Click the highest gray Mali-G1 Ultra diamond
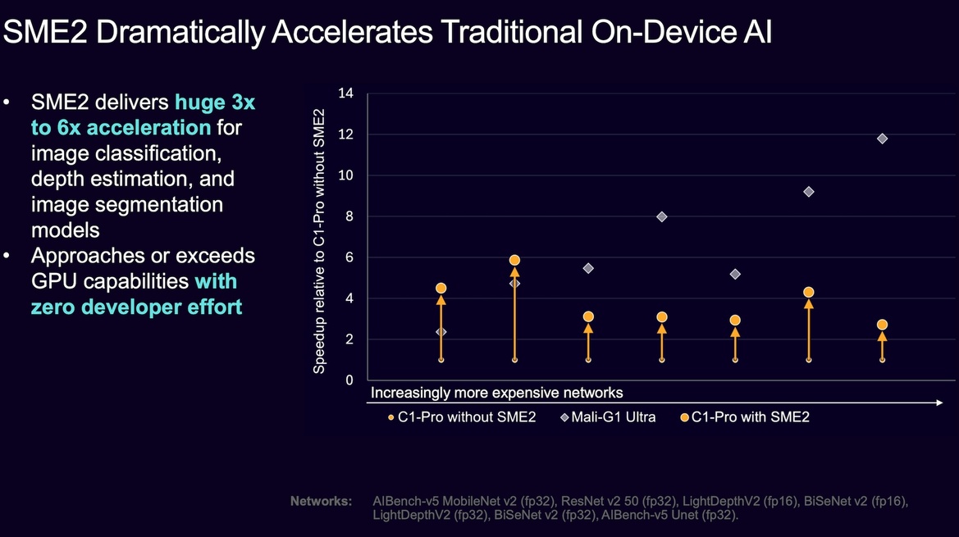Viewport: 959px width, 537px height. coord(882,139)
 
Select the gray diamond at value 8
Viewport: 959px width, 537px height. coord(661,217)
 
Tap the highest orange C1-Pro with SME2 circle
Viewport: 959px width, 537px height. coord(514,260)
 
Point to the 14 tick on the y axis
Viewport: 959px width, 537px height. coord(345,93)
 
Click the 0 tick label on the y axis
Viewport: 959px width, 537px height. coord(349,380)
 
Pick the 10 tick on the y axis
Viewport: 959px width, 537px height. coord(345,175)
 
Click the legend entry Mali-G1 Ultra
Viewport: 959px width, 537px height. coord(608,417)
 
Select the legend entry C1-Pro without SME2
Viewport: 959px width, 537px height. coord(462,417)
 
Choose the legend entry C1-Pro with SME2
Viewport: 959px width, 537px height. coord(745,417)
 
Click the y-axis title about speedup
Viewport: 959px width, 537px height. coord(318,241)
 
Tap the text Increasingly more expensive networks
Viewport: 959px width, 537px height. coord(496,393)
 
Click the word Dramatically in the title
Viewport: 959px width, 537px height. coord(180,32)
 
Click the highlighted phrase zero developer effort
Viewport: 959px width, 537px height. coord(136,307)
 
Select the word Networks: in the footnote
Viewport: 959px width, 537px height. coord(321,502)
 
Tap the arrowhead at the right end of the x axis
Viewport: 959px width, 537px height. coord(938,403)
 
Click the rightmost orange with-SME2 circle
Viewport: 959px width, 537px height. coord(882,325)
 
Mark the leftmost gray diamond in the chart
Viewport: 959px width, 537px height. coord(441,332)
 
